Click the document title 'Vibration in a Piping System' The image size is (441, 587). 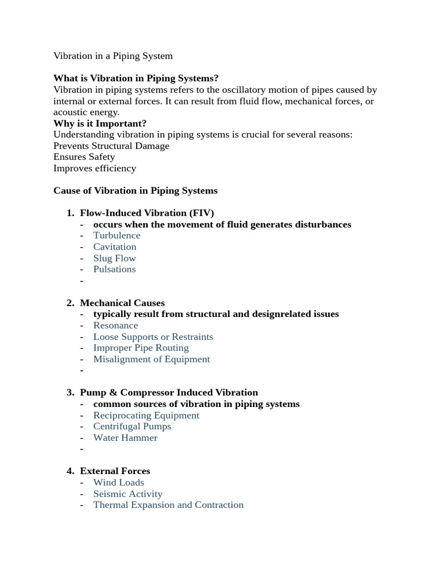click(x=113, y=56)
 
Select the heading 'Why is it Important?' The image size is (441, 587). click(x=100, y=123)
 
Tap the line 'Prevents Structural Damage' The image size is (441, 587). click(x=111, y=146)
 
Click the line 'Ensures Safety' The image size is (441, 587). click(x=84, y=156)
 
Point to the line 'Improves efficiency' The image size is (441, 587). click(x=95, y=168)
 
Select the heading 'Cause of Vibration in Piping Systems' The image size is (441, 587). click(x=136, y=190)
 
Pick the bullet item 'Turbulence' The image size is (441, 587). click(x=117, y=235)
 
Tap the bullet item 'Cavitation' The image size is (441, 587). click(x=115, y=246)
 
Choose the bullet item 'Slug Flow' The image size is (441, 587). click(x=114, y=258)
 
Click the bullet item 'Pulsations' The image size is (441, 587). click(x=114, y=269)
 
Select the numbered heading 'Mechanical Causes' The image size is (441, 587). click(x=122, y=303)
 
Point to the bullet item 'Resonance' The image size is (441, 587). click(x=115, y=325)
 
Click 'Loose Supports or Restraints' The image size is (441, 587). click(x=153, y=336)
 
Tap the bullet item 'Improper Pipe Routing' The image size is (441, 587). click(x=141, y=347)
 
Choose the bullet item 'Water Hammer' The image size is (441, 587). click(x=125, y=437)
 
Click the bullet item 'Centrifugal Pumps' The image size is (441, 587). click(x=132, y=426)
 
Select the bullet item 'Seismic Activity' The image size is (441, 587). click(x=127, y=494)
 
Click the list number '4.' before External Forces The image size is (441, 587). click(x=70, y=471)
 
